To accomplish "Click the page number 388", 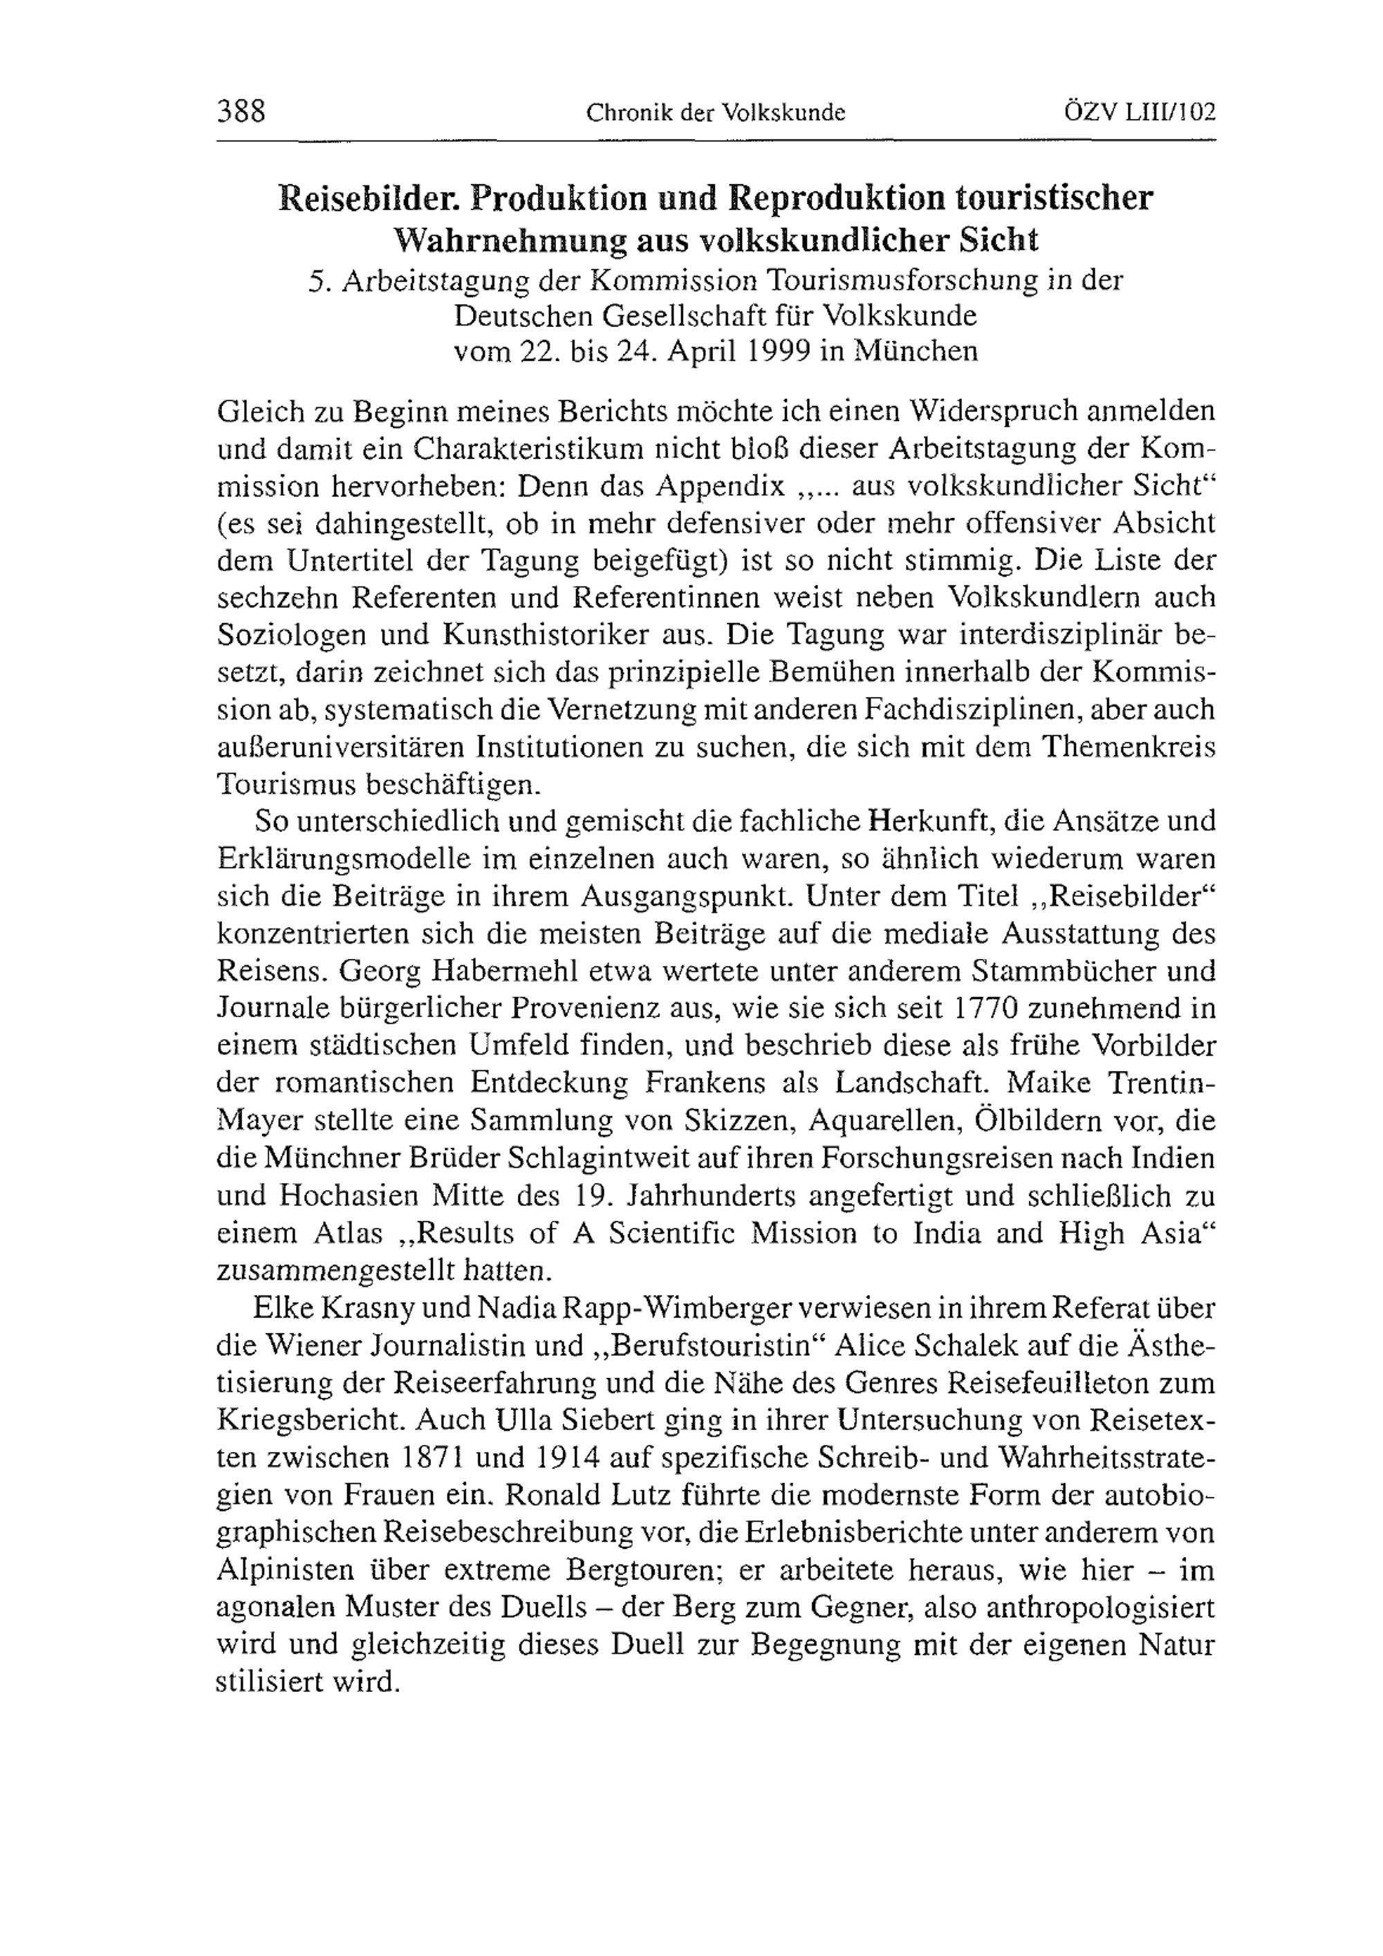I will click(242, 111).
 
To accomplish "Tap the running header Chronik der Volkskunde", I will click(715, 113).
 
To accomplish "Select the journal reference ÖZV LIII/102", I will click(1140, 111).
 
